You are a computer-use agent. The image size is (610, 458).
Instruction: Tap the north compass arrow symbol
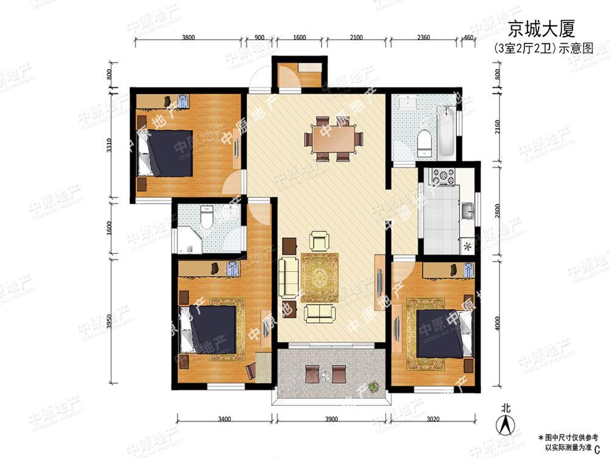click(505, 422)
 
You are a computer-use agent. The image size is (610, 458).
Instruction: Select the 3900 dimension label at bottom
click(333, 420)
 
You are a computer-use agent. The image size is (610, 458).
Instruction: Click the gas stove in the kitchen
click(443, 176)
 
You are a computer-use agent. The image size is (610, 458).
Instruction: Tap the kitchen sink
click(468, 211)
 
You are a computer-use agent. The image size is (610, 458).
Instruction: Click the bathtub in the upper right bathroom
click(447, 132)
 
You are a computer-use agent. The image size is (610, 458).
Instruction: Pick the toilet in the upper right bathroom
click(424, 144)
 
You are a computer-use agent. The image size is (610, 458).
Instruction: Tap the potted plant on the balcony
click(373, 386)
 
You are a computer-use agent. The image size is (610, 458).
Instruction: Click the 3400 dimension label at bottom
click(224, 420)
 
